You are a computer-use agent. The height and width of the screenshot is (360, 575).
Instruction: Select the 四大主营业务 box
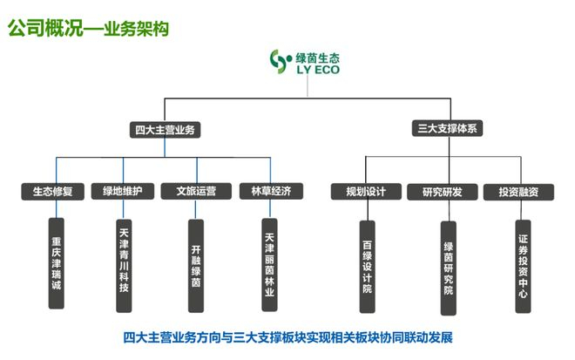(166, 130)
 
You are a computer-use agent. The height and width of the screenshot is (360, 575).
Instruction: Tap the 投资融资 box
(517, 192)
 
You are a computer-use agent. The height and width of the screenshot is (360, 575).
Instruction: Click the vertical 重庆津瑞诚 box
(57, 262)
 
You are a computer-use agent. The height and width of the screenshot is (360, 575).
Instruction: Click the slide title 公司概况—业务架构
(88, 29)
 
